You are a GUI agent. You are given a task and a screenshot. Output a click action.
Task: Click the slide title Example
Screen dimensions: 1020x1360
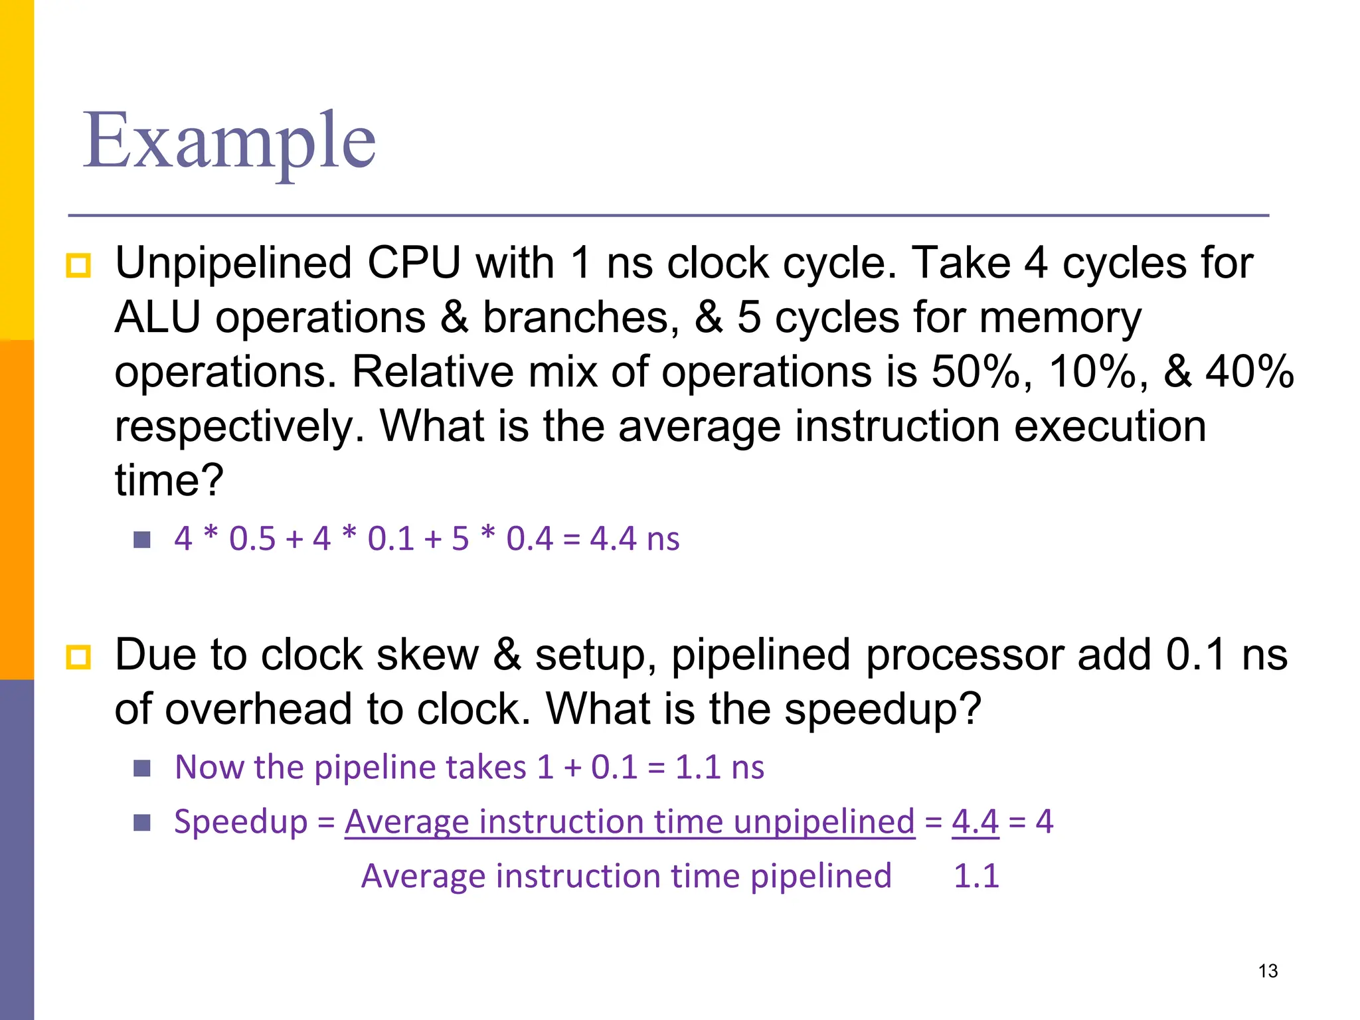click(x=229, y=141)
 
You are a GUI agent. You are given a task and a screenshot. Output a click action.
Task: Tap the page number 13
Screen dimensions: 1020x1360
click(x=1268, y=971)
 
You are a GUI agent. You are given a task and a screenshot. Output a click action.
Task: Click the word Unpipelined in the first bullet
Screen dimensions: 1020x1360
click(x=233, y=264)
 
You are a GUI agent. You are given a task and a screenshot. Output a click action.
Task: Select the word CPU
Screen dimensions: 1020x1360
click(x=414, y=264)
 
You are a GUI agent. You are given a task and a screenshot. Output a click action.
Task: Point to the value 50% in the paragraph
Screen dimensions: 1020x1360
click(x=975, y=371)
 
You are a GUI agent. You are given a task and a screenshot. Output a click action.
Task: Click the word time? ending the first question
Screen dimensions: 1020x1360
click(x=169, y=480)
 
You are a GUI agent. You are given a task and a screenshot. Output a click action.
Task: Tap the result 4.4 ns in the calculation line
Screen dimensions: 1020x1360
click(x=634, y=539)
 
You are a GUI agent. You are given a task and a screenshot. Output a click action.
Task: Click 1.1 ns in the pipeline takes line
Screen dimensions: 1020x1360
click(x=719, y=768)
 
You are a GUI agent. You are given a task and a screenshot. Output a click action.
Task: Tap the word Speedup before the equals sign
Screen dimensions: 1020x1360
click(x=240, y=822)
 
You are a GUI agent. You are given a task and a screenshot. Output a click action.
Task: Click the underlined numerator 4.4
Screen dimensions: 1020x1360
click(x=975, y=821)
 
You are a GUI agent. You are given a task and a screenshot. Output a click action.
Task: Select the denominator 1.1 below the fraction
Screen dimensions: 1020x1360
click(x=976, y=876)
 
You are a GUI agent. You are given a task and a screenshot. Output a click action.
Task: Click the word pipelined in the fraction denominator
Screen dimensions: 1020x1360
click(x=821, y=877)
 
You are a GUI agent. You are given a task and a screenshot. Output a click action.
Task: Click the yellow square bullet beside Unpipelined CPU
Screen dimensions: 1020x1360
click(x=78, y=266)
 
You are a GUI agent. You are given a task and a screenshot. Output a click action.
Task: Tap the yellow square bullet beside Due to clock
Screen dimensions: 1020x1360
click(x=78, y=657)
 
